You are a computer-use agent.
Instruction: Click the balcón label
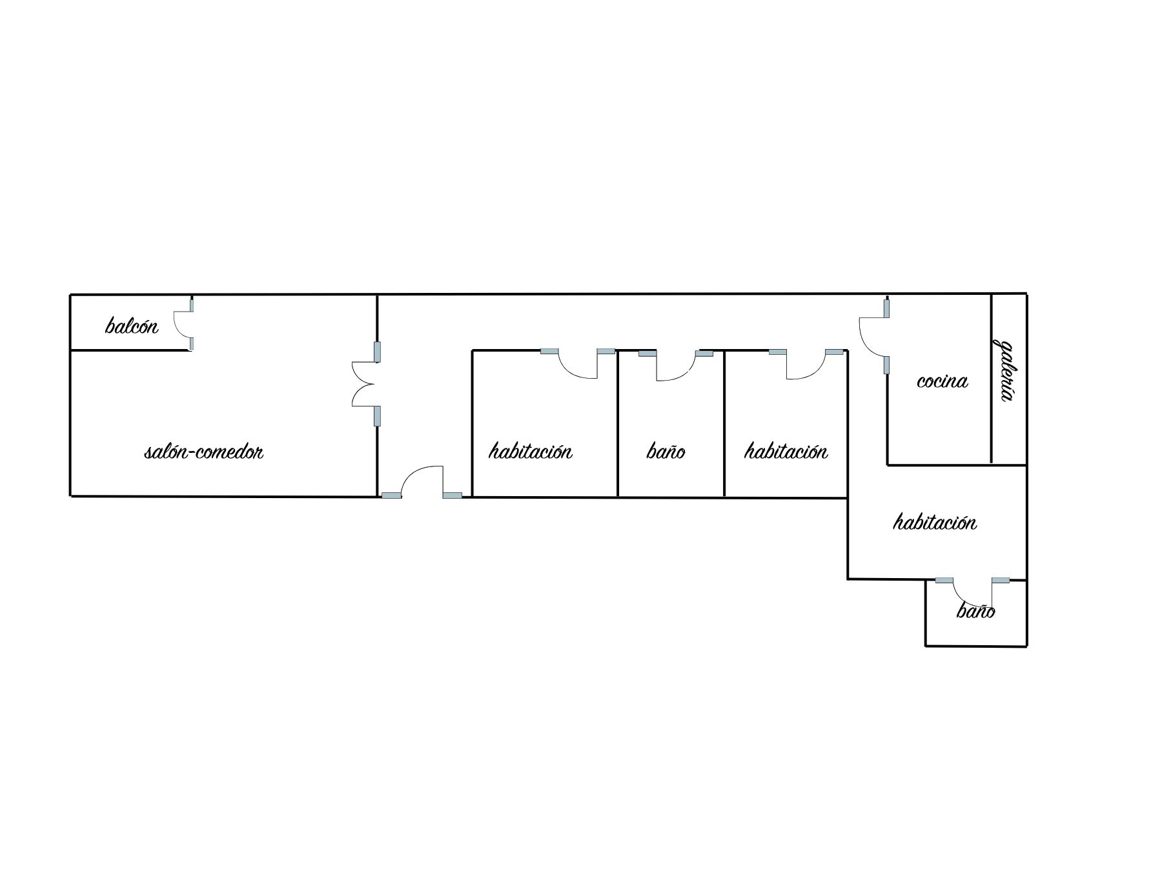[x=132, y=325]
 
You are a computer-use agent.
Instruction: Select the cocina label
[x=943, y=381]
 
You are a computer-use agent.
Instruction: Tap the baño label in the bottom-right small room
[x=975, y=610]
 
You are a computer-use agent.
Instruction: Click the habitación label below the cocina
[x=935, y=521]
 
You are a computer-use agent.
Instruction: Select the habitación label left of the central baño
[x=531, y=450]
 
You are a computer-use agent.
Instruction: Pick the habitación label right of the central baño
[x=786, y=450]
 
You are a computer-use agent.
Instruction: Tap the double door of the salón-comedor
[x=363, y=384]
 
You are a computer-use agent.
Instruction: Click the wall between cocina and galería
[x=992, y=379]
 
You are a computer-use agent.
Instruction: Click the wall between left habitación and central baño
[x=618, y=423]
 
